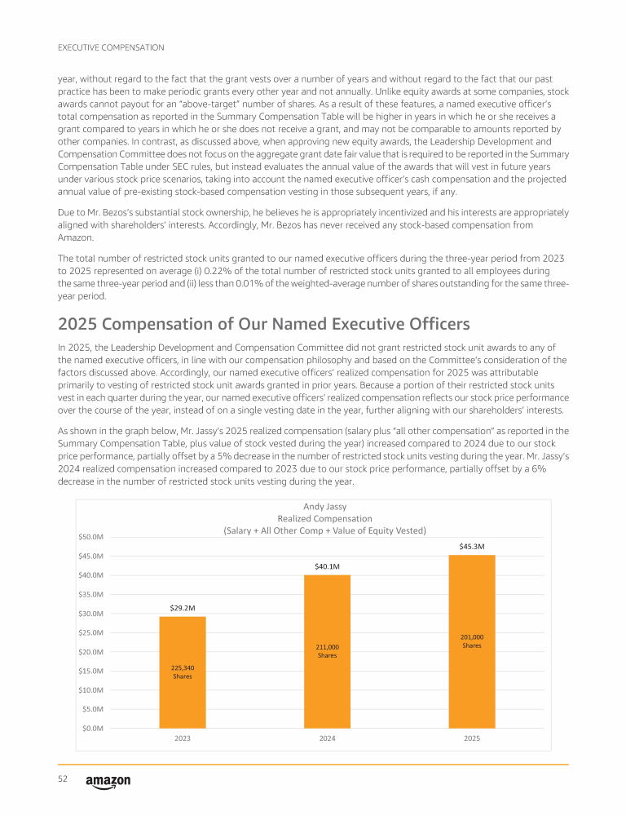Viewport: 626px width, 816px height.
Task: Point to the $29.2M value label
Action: [x=183, y=608]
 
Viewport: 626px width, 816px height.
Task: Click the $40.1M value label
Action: [x=328, y=566]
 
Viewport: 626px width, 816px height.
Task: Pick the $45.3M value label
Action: [x=472, y=547]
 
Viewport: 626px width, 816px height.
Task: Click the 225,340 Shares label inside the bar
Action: [x=183, y=672]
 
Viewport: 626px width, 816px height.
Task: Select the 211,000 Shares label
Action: [x=328, y=651]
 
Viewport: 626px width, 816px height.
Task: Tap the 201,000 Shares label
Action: [x=472, y=641]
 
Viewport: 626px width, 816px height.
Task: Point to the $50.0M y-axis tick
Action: [x=90, y=537]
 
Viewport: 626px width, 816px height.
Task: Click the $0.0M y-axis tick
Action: [x=92, y=728]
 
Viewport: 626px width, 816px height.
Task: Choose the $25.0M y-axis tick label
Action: [x=90, y=632]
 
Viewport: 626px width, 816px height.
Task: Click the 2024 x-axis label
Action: [x=328, y=738]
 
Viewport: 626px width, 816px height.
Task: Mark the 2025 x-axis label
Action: [x=472, y=738]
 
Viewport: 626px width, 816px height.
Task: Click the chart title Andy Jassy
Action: [x=325, y=506]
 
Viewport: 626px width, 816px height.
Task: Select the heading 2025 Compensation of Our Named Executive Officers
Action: [x=252, y=324]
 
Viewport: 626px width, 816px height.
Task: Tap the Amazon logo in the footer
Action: [x=108, y=782]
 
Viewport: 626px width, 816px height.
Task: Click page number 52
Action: [x=62, y=780]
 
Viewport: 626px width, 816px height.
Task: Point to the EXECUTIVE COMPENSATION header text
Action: [x=111, y=47]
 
